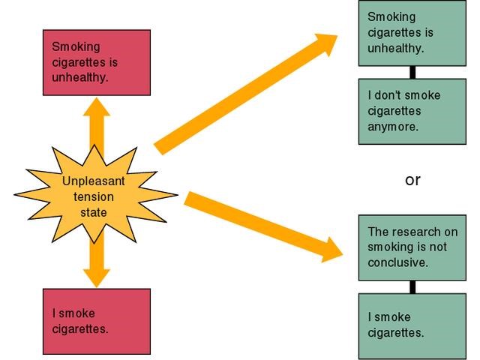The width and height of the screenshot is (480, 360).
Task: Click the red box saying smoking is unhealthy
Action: coord(96,62)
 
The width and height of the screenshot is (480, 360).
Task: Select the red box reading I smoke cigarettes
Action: coord(96,321)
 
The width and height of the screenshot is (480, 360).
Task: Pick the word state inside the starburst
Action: coord(94,211)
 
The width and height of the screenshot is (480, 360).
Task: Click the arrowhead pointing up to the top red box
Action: coord(96,107)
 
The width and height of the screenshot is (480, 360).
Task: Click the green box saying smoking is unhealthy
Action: coord(412,33)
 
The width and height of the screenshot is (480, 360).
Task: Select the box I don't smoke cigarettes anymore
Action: coord(412,111)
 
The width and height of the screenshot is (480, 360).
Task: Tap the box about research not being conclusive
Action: coord(412,247)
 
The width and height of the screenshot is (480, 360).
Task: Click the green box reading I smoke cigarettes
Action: coord(412,325)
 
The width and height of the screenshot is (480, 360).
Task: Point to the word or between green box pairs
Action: coord(412,180)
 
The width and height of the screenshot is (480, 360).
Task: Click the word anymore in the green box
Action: coord(392,126)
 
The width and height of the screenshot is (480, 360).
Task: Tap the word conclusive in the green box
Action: coord(397,262)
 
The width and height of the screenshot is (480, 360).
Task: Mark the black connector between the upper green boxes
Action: coord(412,72)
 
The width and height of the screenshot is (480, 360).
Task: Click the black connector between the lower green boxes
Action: coord(412,286)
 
